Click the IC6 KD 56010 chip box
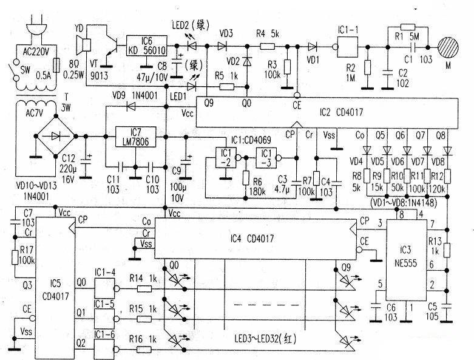pyautogui.click(x=147, y=46)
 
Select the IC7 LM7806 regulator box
pyautogui.click(x=136, y=137)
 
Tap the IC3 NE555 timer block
pyautogui.click(x=406, y=260)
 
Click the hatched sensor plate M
pyautogui.click(x=448, y=47)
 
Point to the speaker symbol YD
pyautogui.click(x=83, y=45)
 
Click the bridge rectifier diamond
pyautogui.click(x=56, y=137)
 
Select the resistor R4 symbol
pyautogui.click(x=267, y=46)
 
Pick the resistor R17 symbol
pyautogui.click(x=15, y=257)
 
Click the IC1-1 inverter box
pyautogui.click(x=347, y=47)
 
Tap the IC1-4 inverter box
pyautogui.click(x=104, y=288)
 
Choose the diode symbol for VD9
pyautogui.click(x=131, y=106)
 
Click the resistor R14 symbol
pyautogui.click(x=144, y=288)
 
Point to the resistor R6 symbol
pyautogui.click(x=246, y=178)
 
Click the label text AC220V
pyautogui.click(x=36, y=52)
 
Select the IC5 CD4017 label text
pyautogui.click(x=56, y=290)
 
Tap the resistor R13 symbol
pyautogui.click(x=447, y=250)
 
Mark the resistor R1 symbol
pyautogui.click(x=407, y=27)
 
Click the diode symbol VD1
pyautogui.click(x=313, y=47)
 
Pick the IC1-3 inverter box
pyautogui.click(x=266, y=158)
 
